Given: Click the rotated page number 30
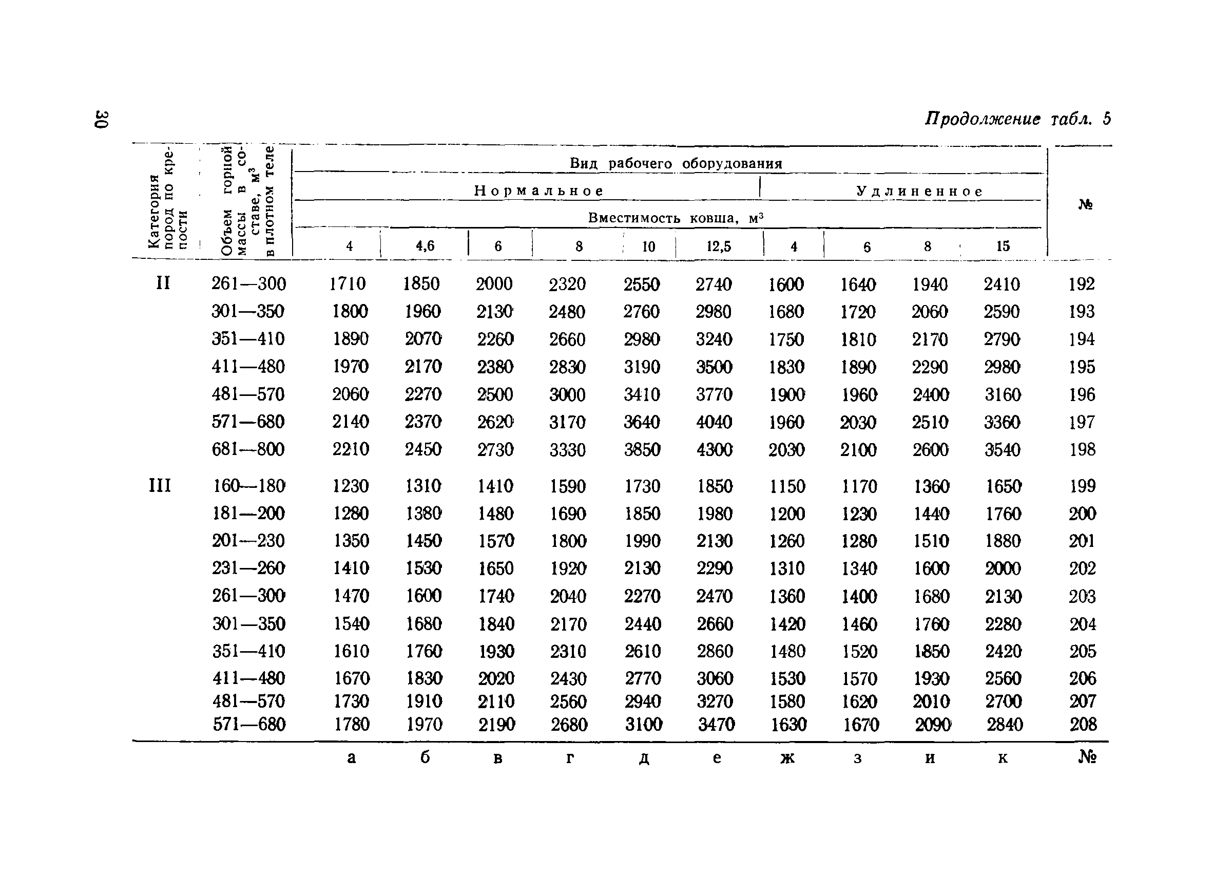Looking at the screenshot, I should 102,119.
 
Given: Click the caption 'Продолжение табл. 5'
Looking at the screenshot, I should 1017,119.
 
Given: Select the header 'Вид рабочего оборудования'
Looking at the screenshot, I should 676,163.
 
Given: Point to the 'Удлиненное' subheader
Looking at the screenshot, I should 919,191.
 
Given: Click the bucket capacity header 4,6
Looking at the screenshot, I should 425,245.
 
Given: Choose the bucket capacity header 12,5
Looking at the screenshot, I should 718,246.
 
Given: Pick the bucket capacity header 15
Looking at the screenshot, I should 1002,246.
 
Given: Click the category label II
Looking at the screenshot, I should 163,283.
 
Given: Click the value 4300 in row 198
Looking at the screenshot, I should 714,449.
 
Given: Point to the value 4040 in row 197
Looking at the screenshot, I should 714,422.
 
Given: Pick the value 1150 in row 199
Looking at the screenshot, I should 787,486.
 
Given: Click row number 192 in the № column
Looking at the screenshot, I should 1082,284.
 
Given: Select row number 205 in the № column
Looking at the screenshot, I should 1083,651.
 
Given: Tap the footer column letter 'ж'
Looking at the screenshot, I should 787,757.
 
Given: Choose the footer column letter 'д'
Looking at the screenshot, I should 643,758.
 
